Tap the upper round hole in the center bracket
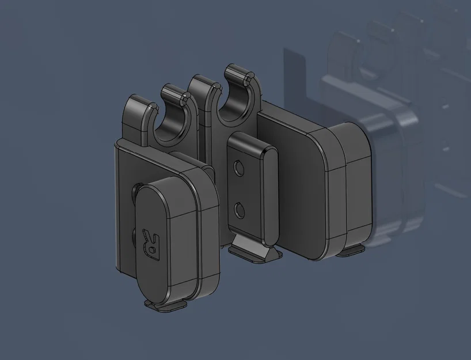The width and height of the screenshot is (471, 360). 239,168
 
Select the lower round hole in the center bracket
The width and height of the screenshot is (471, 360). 239,211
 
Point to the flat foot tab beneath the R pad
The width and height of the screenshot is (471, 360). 166,305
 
